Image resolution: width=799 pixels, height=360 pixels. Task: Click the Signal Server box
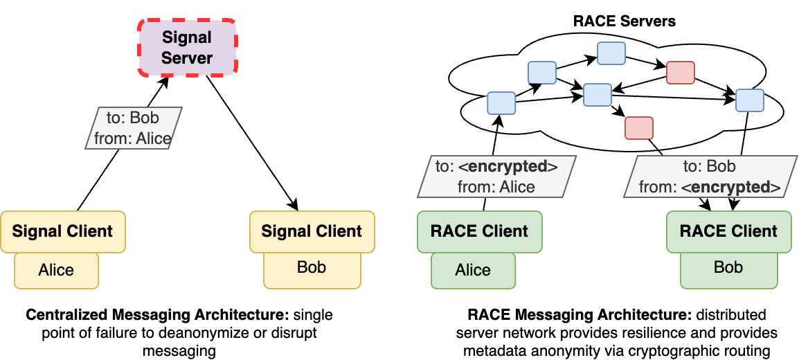[x=188, y=47]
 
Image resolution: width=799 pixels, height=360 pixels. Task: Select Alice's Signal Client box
[x=62, y=231]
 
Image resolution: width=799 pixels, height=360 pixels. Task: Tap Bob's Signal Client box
[x=312, y=231]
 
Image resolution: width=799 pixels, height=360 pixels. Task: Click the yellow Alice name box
[x=56, y=270]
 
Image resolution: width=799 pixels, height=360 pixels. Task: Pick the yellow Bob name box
[x=312, y=269]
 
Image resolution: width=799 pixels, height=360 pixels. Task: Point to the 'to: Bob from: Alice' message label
[x=133, y=128]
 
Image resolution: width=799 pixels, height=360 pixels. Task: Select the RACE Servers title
[x=624, y=21]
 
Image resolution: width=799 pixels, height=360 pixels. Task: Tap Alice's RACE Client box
[x=479, y=231]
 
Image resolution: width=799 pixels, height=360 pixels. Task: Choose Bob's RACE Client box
[x=728, y=231]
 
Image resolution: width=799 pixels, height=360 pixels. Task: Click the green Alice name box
[x=473, y=270]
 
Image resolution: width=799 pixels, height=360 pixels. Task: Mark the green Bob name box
[x=728, y=269]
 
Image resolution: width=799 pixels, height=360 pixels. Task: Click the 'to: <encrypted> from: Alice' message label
[x=496, y=177]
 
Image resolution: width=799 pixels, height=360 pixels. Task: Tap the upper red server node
[x=679, y=72]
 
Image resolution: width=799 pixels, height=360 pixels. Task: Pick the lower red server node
[x=638, y=128]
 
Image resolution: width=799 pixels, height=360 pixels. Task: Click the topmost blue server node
[x=611, y=53]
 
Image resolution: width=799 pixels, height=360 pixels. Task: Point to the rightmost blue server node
[x=749, y=100]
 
